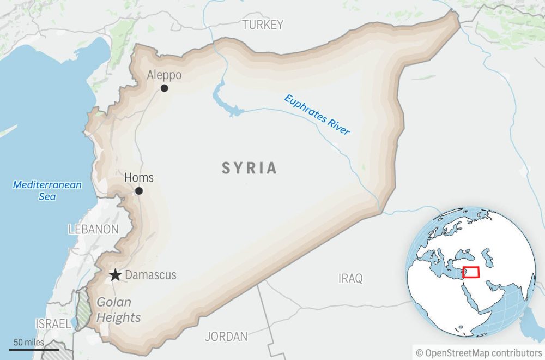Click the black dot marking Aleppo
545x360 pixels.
point(164,88)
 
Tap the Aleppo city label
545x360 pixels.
point(164,75)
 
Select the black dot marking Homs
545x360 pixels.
point(139,191)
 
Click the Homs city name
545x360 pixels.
point(139,178)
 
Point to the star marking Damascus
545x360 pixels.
point(115,275)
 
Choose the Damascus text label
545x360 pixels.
point(151,275)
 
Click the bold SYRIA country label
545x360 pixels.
point(249,168)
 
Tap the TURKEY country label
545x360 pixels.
point(263,25)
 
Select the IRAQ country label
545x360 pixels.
point(350,279)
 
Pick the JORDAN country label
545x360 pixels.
point(226,337)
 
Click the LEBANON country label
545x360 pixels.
point(93,229)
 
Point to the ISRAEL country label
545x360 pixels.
point(53,324)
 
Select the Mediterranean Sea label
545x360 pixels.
point(47,190)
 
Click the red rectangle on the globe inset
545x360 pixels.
point(471,272)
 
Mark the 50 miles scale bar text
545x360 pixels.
point(29,343)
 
